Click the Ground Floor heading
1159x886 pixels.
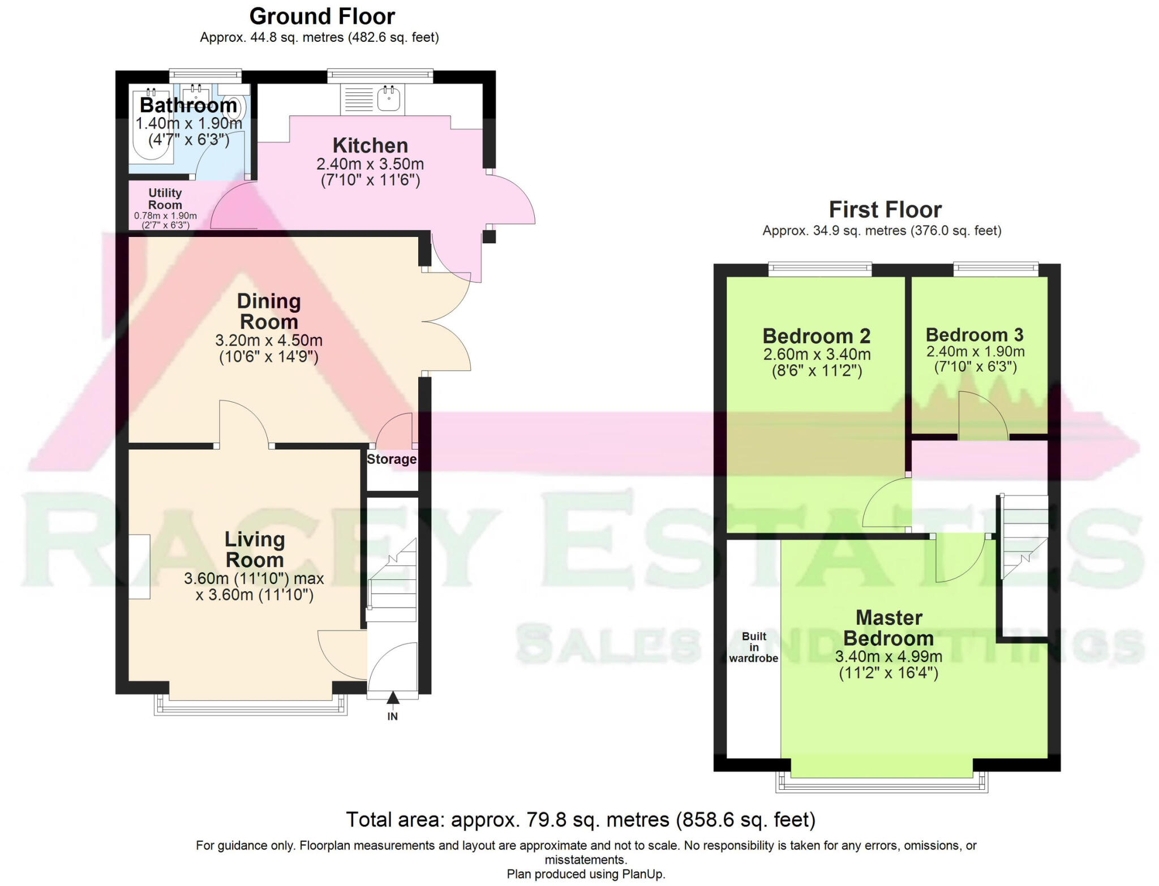tap(321, 16)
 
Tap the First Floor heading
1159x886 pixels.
tap(885, 210)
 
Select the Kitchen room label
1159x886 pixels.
tap(370, 145)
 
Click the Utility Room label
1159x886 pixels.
tap(165, 199)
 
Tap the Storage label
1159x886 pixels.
tap(392, 459)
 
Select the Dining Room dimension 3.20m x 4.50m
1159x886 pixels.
tap(269, 341)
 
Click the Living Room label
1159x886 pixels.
tap(255, 549)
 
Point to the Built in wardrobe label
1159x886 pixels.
tap(753, 647)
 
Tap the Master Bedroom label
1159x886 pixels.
tap(888, 627)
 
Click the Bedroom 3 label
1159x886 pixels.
tap(975, 335)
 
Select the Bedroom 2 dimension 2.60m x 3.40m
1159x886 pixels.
tap(817, 355)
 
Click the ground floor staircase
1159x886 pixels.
tap(393, 583)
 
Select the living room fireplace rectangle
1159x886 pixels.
tap(139, 566)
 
